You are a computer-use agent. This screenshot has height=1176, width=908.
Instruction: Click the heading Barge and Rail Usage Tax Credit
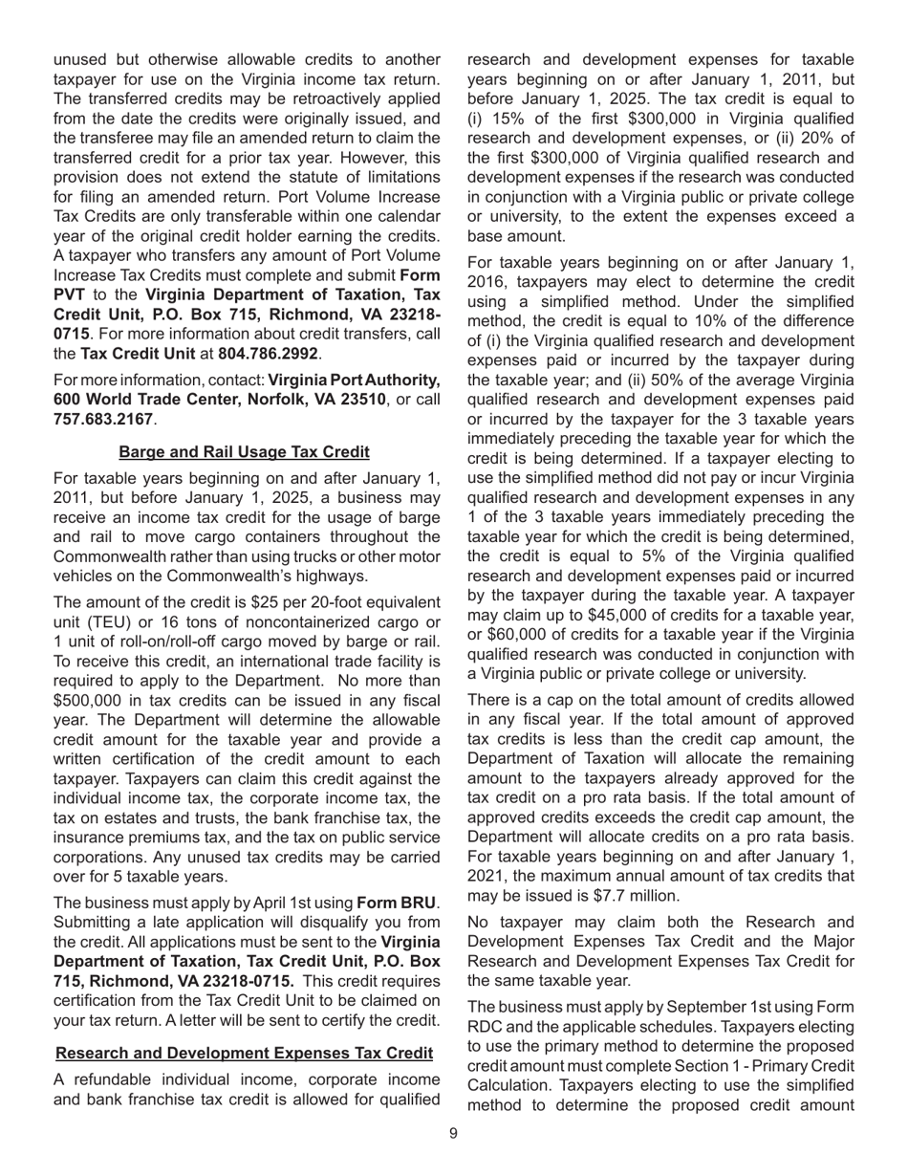pyautogui.click(x=244, y=451)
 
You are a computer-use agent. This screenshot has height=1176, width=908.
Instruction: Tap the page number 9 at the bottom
pyautogui.click(x=454, y=1134)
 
